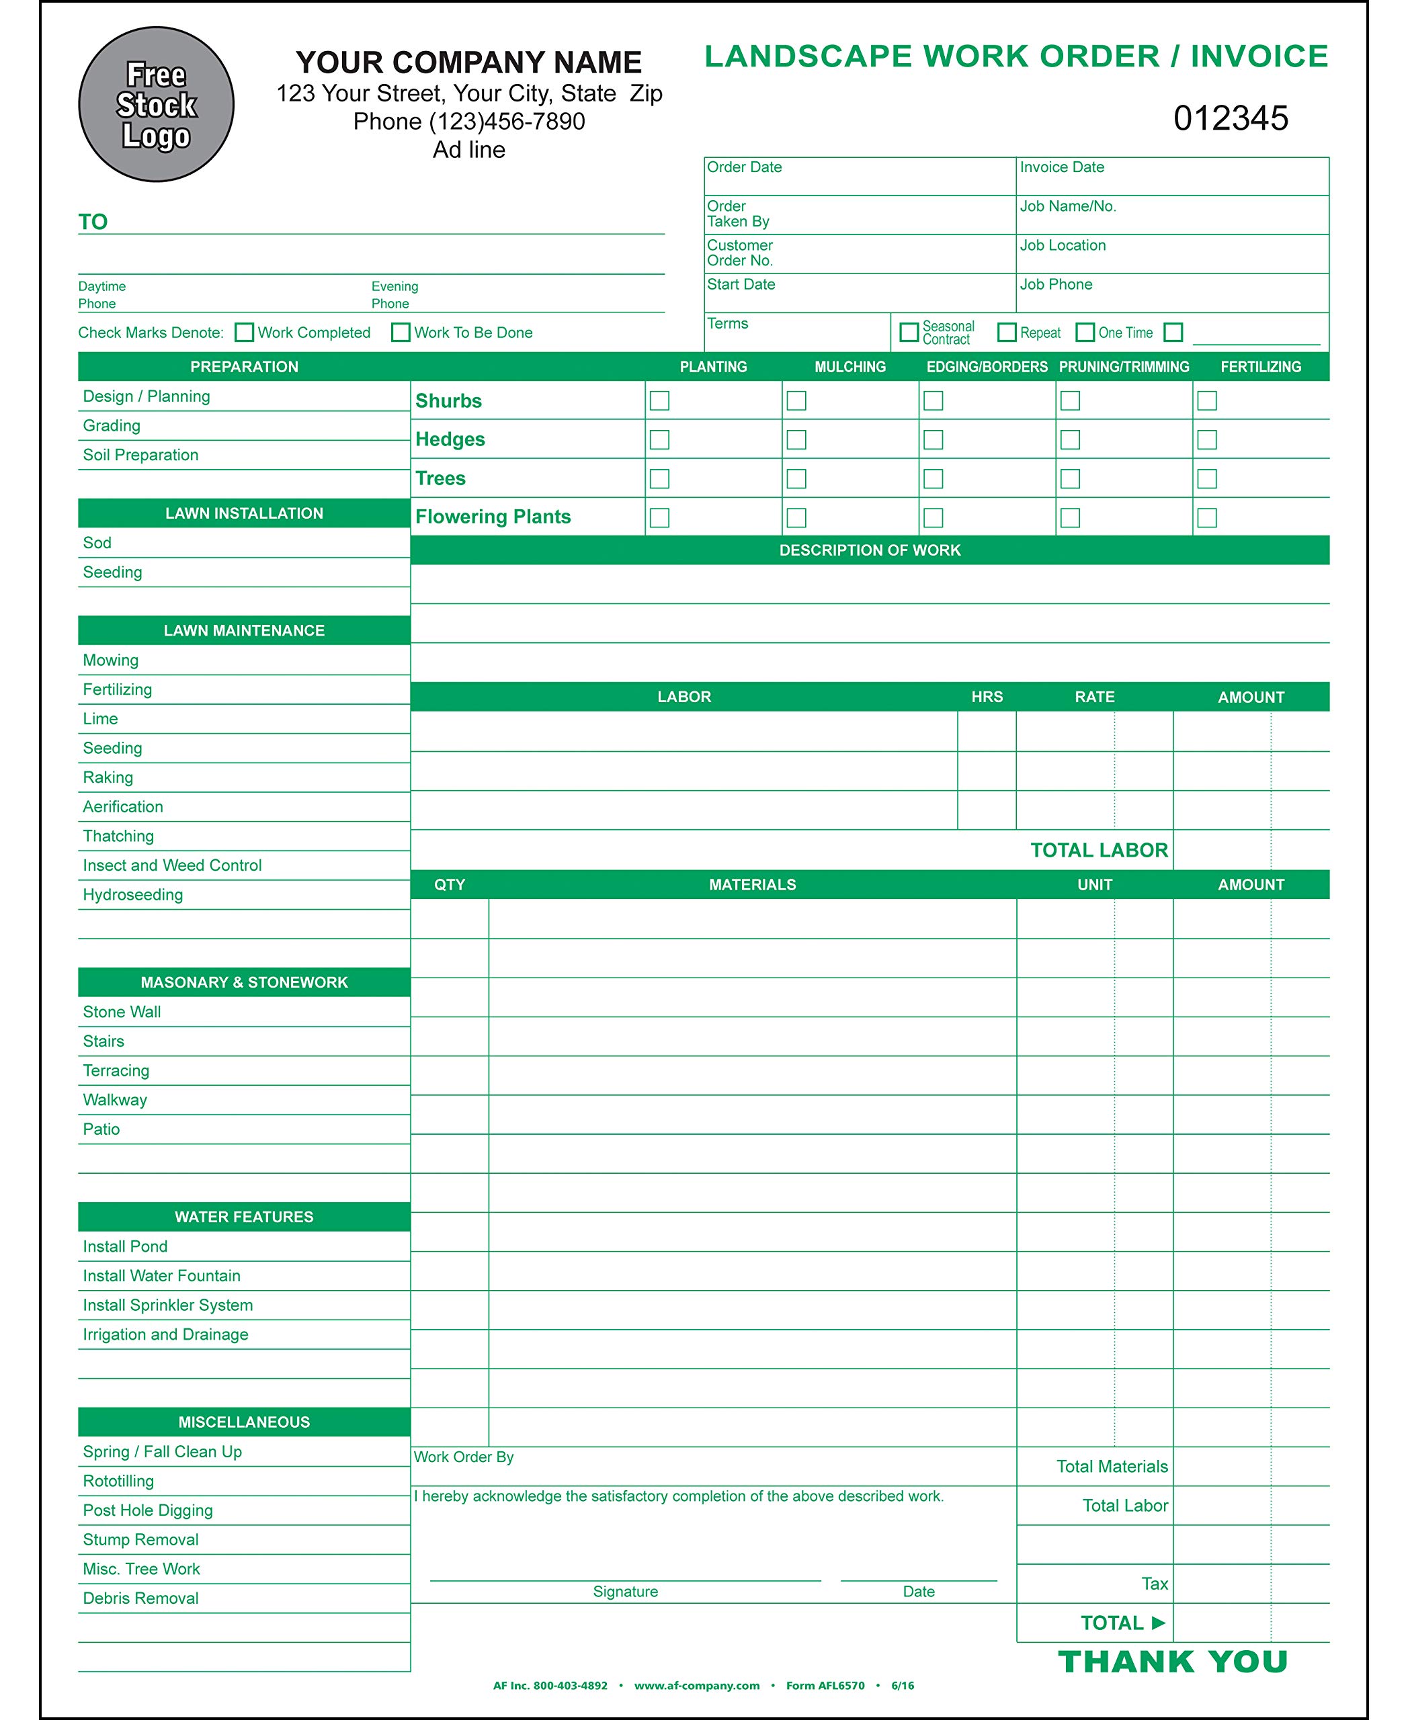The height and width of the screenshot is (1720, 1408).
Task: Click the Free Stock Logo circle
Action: pos(157,105)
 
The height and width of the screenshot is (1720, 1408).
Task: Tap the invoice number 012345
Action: pos(1230,118)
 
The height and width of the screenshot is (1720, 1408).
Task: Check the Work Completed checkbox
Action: pos(244,333)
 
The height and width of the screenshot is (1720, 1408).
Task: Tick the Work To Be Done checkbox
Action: pos(401,333)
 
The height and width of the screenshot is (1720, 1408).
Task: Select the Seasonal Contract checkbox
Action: pos(909,332)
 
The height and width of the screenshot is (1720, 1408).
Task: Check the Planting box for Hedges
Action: pos(660,439)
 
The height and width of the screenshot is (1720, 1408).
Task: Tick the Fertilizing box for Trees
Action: pos(1207,479)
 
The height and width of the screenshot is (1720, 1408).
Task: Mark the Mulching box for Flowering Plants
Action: pos(796,518)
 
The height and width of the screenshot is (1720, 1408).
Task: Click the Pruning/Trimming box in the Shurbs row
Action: pos(1071,400)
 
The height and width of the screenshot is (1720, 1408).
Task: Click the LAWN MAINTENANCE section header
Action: pos(244,630)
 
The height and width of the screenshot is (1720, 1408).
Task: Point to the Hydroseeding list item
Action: pos(133,894)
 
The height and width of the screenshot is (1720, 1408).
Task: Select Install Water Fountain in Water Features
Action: pos(161,1276)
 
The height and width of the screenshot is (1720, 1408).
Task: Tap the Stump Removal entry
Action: pos(140,1539)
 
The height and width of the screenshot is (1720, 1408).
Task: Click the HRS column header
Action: pos(987,697)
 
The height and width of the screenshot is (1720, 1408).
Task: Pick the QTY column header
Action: pos(450,885)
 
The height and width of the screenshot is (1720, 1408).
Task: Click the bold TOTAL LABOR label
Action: pos(1099,850)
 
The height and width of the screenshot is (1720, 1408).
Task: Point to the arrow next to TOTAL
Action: pos(1158,1623)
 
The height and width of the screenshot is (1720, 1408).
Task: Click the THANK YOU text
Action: pos(1173,1662)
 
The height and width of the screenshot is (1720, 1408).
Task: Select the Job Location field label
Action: pos(1063,246)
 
